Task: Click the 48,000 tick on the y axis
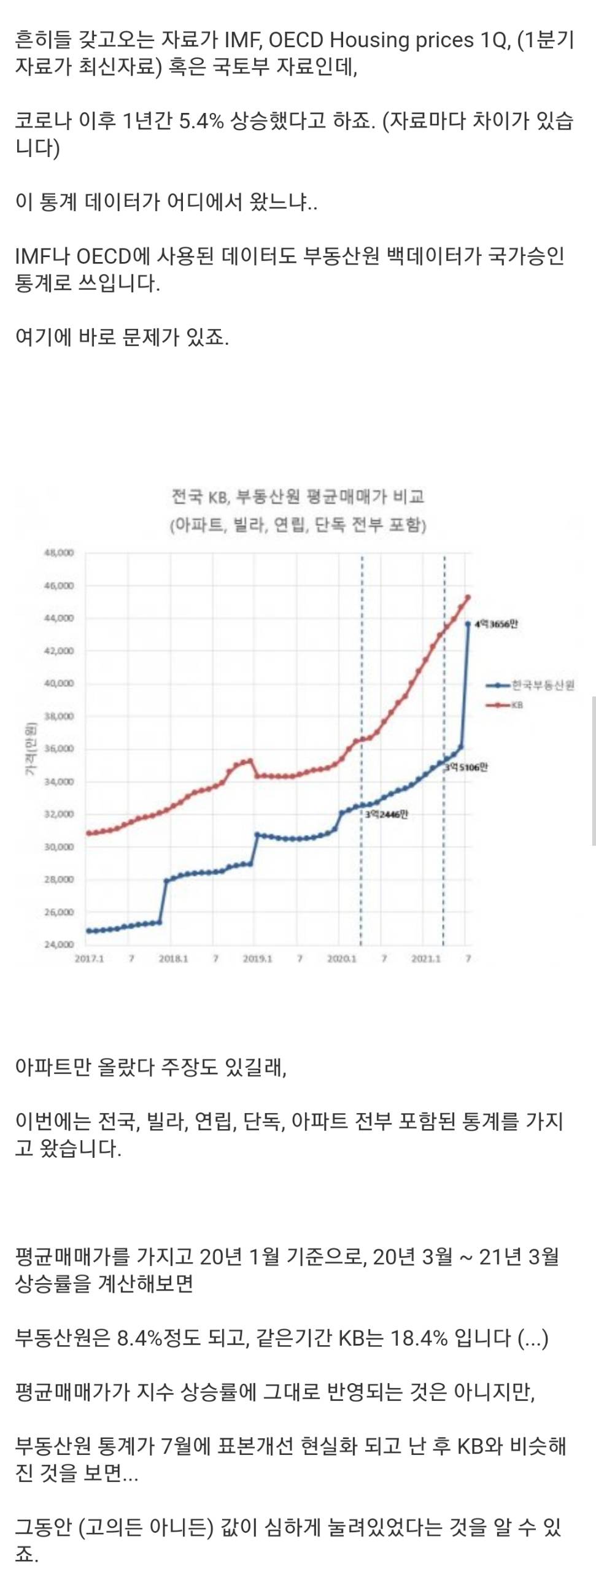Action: [60, 552]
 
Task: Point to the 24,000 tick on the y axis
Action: [60, 944]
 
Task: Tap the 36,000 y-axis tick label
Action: [60, 748]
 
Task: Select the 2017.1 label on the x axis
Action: [89, 958]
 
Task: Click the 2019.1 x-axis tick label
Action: [258, 958]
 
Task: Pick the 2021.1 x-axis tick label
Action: [426, 958]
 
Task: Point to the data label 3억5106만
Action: [466, 768]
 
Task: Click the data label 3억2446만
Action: [387, 814]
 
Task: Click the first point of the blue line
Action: [89, 931]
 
